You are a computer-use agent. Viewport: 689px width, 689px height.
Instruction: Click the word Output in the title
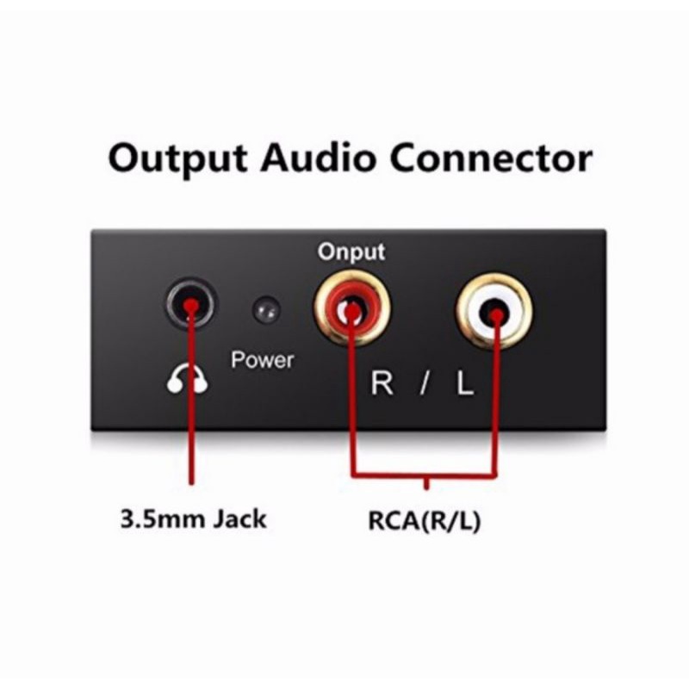click(x=176, y=161)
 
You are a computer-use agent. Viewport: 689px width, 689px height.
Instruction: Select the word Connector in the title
click(x=499, y=161)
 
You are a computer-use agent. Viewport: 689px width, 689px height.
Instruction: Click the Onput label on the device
click(x=351, y=252)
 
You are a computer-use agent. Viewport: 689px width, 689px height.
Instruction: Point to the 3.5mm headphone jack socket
click(x=189, y=306)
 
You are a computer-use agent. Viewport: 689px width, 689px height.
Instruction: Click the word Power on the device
click(x=262, y=359)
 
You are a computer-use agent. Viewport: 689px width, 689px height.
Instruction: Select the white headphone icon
click(x=187, y=380)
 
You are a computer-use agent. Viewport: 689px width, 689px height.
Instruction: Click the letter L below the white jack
click(x=464, y=383)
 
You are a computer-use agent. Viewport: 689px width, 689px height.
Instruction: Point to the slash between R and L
click(x=423, y=383)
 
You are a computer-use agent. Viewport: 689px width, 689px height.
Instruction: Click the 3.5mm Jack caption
click(x=193, y=519)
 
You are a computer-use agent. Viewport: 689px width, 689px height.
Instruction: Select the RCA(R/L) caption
click(x=425, y=522)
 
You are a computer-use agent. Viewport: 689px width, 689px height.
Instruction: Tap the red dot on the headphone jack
click(x=190, y=307)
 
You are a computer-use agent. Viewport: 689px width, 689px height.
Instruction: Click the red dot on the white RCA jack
click(x=496, y=315)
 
